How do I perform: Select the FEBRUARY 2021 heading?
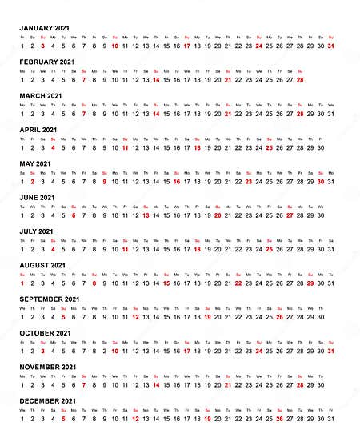click(46, 62)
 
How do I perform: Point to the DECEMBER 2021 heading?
click(47, 400)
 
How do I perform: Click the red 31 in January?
click(330, 46)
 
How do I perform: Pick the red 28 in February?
click(300, 79)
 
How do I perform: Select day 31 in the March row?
click(330, 113)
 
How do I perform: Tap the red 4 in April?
click(52, 147)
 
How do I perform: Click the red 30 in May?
click(320, 181)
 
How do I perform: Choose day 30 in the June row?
click(320, 215)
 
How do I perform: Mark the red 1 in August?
click(22, 283)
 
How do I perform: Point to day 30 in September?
click(320, 316)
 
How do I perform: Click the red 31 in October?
click(330, 350)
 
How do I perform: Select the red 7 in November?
click(83, 384)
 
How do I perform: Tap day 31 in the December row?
click(330, 418)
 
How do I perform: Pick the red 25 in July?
click(269, 249)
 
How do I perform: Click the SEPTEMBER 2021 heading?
click(49, 299)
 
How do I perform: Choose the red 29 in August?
click(310, 283)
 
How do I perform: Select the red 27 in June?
click(290, 215)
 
